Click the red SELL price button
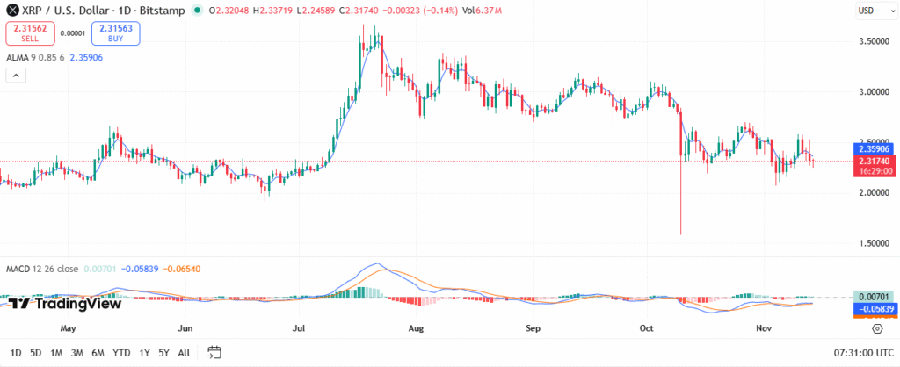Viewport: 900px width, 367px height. [31, 33]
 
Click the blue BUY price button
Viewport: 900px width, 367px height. [114, 33]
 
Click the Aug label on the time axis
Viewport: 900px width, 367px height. [417, 329]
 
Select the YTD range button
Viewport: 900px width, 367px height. [121, 353]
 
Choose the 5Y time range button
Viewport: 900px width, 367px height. [164, 353]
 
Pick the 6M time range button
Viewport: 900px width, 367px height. [98, 353]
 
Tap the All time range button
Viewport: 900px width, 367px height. [184, 353]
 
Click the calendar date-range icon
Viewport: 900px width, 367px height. [214, 353]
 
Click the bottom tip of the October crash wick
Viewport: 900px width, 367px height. [681, 234]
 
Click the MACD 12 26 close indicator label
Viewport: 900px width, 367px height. [42, 268]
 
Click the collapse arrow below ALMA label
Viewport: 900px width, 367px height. [16, 76]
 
